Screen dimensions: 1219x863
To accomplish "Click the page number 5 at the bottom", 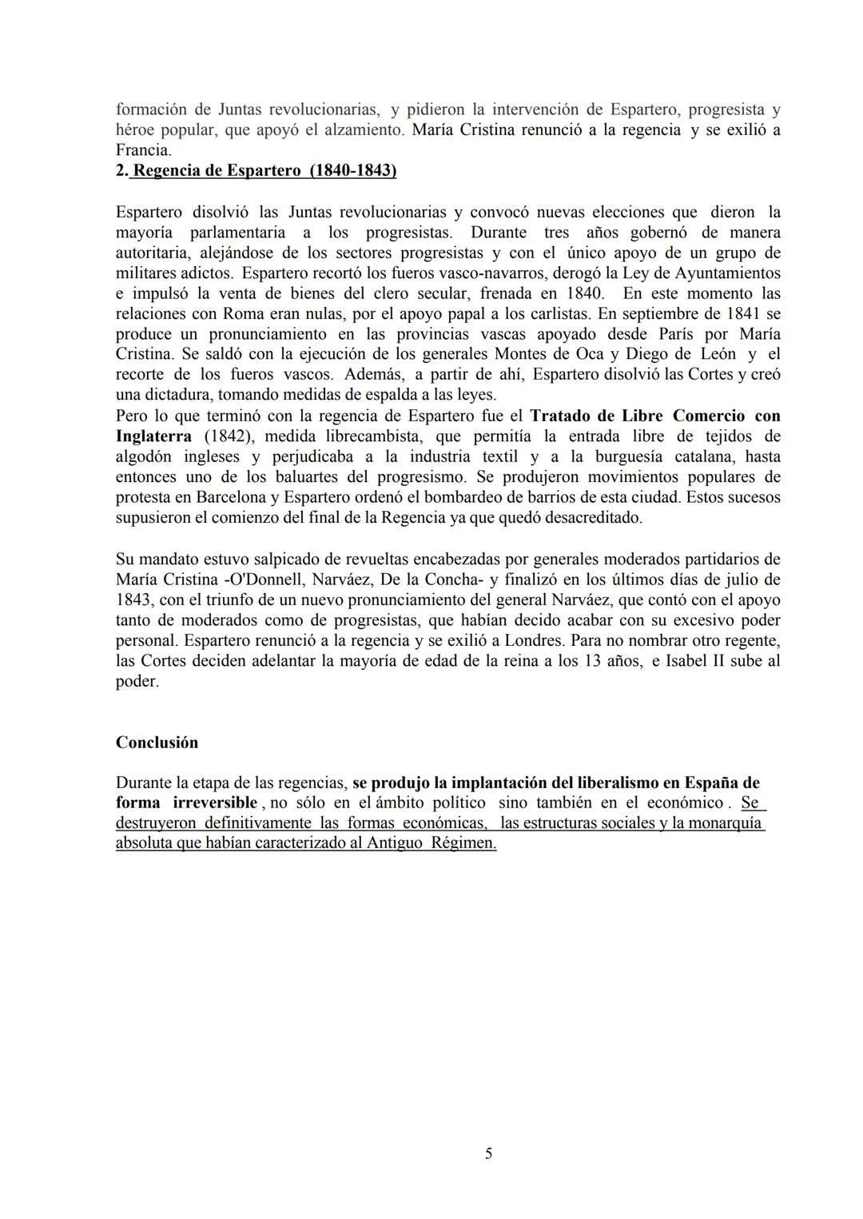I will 488,1153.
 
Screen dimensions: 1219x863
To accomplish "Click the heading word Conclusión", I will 157,742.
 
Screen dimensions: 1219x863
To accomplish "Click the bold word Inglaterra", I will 153,436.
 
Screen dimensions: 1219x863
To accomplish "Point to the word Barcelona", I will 234,497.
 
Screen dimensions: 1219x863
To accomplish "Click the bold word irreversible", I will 215,803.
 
